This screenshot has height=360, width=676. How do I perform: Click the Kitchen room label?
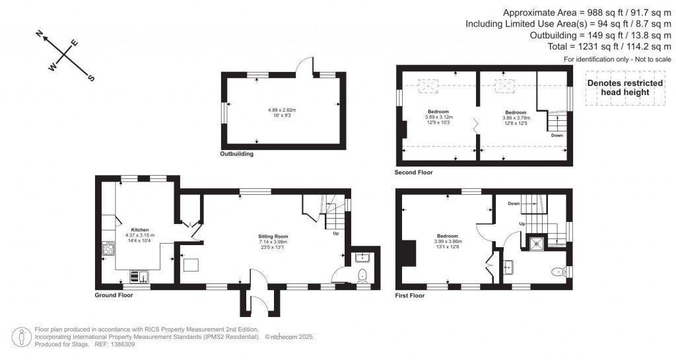pyautogui.click(x=139, y=230)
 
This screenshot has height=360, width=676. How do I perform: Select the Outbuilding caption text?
pyautogui.click(x=236, y=154)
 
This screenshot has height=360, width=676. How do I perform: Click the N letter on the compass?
pyautogui.click(x=40, y=33)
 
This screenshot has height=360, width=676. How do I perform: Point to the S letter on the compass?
pyautogui.click(x=91, y=78)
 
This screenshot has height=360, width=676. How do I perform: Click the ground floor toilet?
pyautogui.click(x=362, y=275)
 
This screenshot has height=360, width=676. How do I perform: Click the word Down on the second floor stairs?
pyautogui.click(x=557, y=135)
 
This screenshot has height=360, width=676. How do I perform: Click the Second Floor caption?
pyautogui.click(x=414, y=172)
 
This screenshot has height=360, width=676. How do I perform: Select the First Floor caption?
pyautogui.click(x=410, y=295)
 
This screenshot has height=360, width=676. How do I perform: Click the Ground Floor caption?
pyautogui.click(x=114, y=295)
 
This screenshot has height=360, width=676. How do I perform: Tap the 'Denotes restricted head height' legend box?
pyautogui.click(x=618, y=88)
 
